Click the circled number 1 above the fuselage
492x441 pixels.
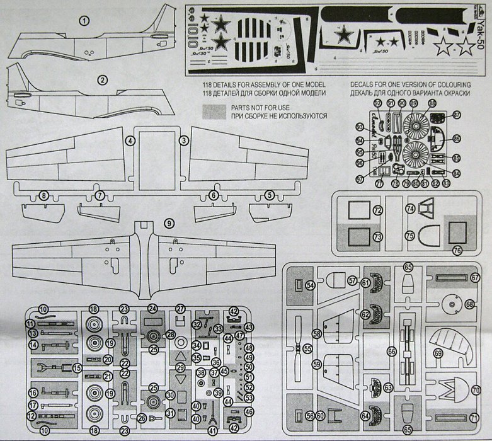point(85,21)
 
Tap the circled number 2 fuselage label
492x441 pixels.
point(103,80)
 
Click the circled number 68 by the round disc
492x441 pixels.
point(469,304)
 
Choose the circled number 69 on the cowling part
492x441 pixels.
point(437,354)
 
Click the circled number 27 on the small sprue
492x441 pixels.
point(181,309)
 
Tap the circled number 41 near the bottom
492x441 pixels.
point(212,431)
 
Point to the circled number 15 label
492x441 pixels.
point(77,367)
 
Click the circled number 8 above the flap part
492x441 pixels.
point(43,197)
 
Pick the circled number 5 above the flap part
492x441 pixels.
point(270,196)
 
